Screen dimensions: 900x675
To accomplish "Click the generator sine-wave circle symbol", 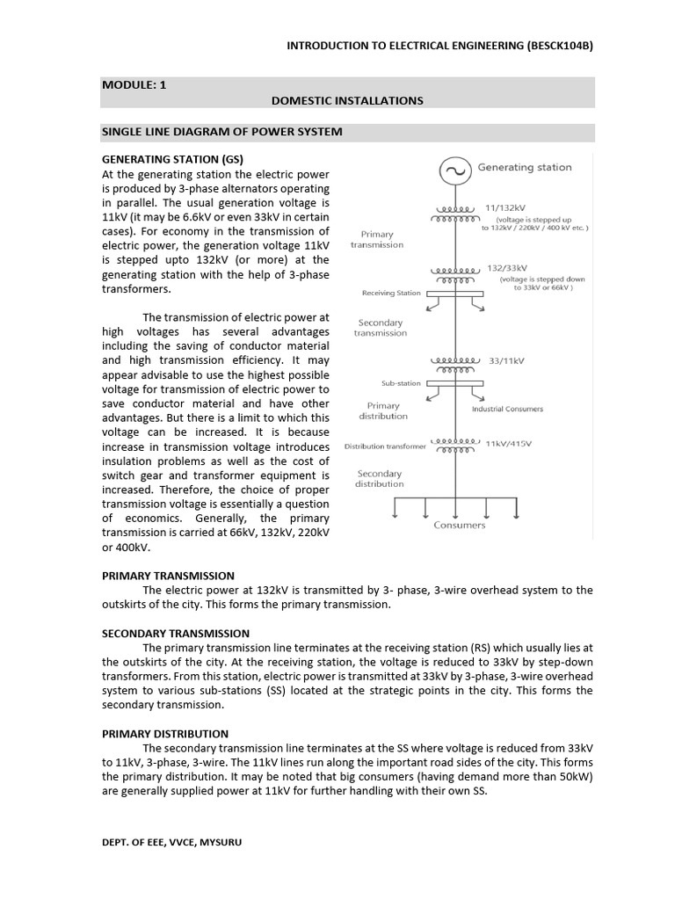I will point(454,169).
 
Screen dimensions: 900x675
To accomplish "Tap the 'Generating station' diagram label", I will point(524,167).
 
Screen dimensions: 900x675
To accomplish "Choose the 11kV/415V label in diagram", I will point(508,444).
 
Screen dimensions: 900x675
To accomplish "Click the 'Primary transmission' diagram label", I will point(377,240).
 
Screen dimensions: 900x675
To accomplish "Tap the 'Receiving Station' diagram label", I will point(391,294).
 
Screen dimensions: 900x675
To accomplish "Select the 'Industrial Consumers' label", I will point(507,409).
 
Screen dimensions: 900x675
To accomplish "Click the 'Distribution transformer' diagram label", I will point(385,446).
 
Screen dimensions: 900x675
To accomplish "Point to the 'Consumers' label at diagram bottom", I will point(459,526).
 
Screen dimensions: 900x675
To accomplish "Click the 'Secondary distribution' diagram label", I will point(380,479).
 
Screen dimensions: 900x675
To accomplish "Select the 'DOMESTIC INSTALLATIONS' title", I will point(347,101).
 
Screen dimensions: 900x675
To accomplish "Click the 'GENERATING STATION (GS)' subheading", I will point(172,159).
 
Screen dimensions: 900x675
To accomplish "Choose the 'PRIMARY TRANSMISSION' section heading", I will point(168,576).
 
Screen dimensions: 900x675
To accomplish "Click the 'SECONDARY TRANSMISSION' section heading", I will point(176,633).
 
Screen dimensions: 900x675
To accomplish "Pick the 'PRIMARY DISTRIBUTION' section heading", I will point(165,733).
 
